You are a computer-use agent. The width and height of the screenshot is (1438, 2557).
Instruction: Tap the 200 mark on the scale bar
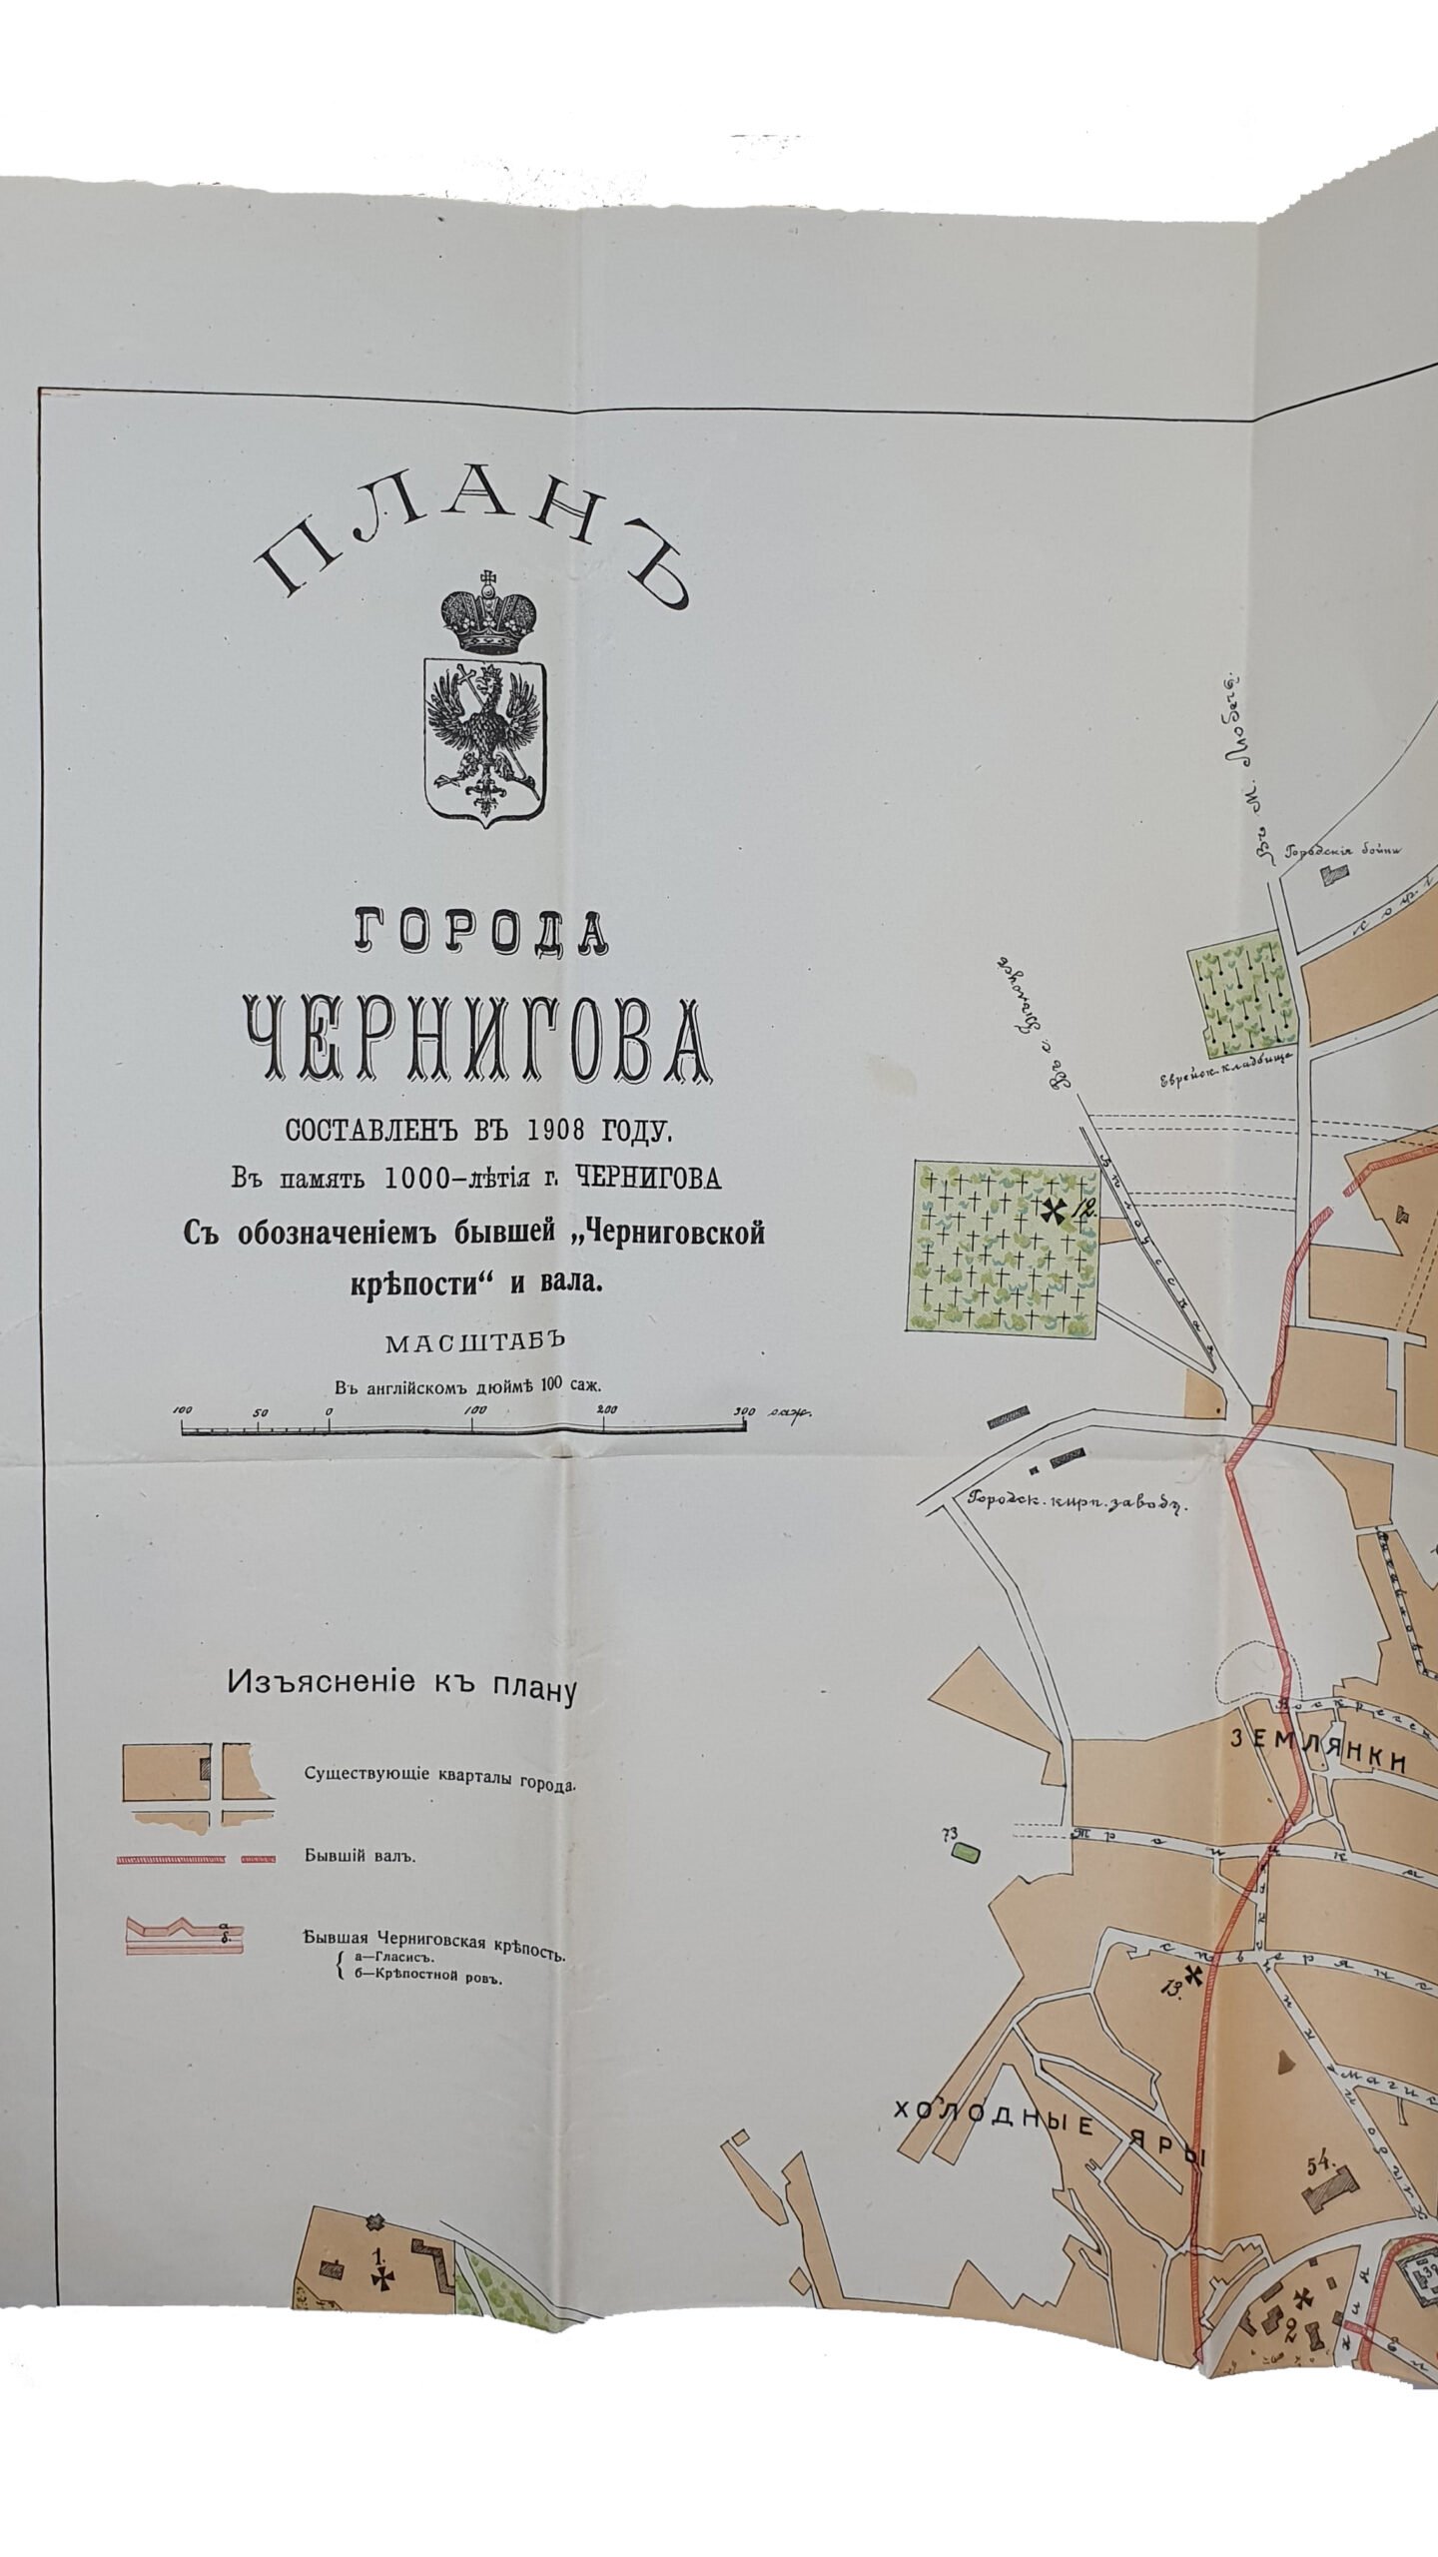click(607, 1409)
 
